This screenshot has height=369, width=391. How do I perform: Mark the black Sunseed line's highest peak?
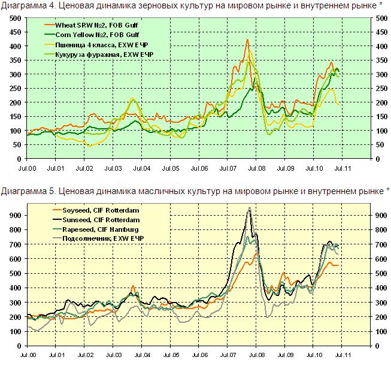[x=249, y=208]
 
